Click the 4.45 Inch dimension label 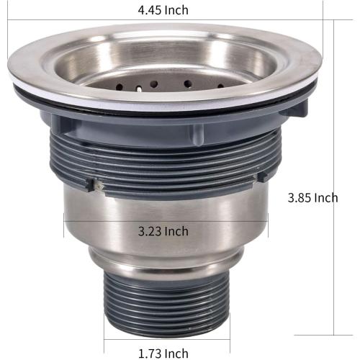click(x=163, y=10)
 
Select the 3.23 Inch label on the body click(x=163, y=231)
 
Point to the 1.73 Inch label click(x=163, y=353)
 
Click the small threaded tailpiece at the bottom click(x=166, y=306)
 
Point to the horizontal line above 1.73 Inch click(x=166, y=338)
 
